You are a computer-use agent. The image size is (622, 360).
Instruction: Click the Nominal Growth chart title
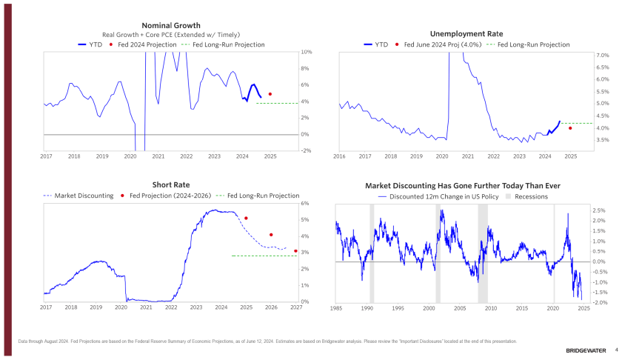[x=170, y=26]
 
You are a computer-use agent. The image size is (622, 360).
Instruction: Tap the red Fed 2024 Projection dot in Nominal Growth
[x=270, y=94]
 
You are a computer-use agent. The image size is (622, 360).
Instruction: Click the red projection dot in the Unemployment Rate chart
[x=570, y=128]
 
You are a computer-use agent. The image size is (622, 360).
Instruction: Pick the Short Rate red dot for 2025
[x=246, y=219]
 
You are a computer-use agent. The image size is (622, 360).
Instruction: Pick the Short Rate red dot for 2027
[x=295, y=251]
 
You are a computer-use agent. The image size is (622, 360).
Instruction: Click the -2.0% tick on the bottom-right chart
[x=581, y=303]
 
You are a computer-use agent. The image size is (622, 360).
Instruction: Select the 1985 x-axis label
[x=336, y=308]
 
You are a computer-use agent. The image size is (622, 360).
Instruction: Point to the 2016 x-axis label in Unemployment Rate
[x=339, y=157]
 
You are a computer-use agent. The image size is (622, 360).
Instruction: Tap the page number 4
[x=616, y=349]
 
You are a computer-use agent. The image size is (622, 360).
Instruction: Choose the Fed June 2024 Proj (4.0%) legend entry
[x=441, y=44]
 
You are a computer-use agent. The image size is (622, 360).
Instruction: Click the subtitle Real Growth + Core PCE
[x=170, y=36]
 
